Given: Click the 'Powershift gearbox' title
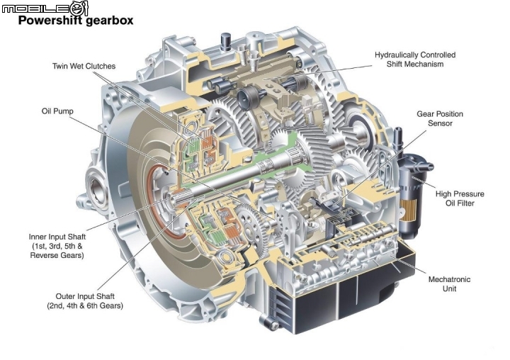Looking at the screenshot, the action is point(76,21).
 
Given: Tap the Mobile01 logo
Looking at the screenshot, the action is point(45,7).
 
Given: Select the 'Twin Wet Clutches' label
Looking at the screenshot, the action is point(84,66).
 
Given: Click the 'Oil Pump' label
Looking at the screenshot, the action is point(57,111).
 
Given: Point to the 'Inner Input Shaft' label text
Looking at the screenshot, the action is point(57,237).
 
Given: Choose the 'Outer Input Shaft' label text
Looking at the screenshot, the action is point(85,296).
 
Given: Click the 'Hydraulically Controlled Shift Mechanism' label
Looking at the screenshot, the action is point(415,60).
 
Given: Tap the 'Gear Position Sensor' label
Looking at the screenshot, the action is point(440,118).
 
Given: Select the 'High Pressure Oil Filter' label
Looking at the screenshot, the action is point(460,198).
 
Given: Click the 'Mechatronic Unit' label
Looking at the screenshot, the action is point(449,284).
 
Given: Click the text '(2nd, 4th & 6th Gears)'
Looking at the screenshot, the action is point(85,305).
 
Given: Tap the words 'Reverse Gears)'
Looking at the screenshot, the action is point(57,255).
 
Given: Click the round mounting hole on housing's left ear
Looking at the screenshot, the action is point(97,190).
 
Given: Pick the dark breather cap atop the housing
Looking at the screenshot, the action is point(225,41).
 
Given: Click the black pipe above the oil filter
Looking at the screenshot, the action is point(398,140).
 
